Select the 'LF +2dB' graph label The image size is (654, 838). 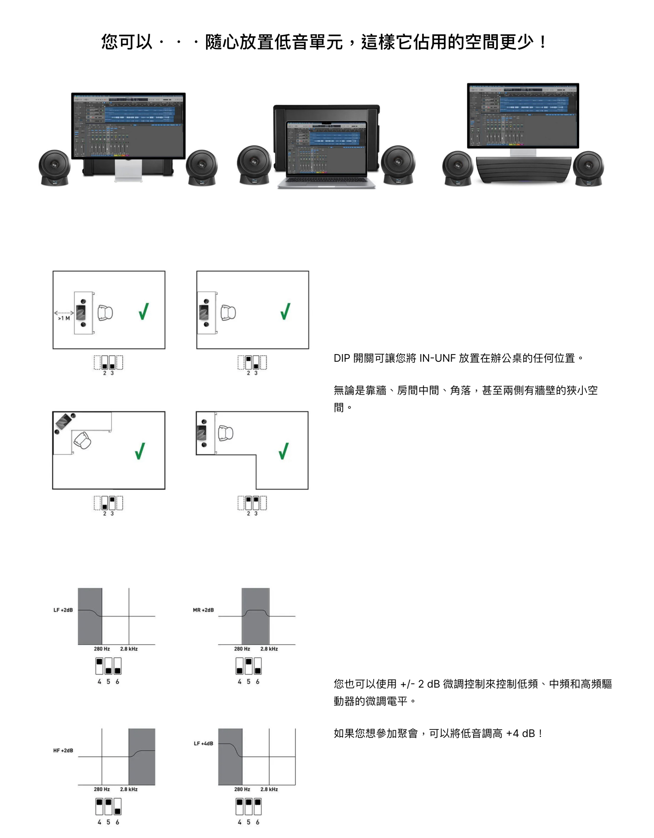point(63,610)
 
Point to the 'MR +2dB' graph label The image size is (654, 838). point(203,610)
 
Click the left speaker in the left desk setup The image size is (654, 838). point(55,168)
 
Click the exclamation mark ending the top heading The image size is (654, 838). point(542,42)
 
